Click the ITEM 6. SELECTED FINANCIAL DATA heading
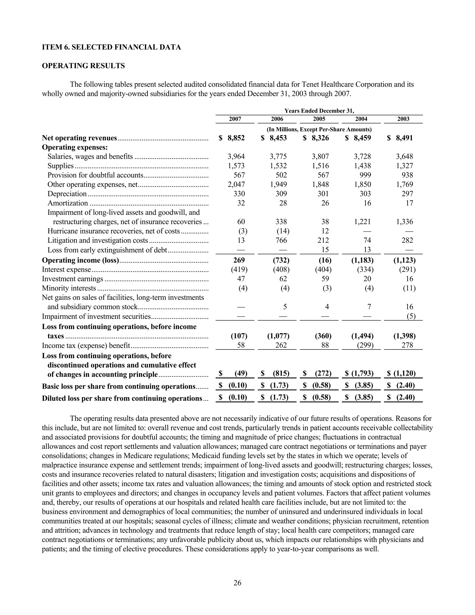tap(111, 47)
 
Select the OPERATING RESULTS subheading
tap(83, 66)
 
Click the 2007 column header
tap(235, 119)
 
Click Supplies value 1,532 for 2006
tap(278, 166)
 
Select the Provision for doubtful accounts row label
tap(95, 175)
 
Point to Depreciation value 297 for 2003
tap(407, 194)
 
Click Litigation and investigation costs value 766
tap(281, 240)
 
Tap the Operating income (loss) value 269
tap(239, 260)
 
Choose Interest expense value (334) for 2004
tap(365, 269)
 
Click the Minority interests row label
tap(69, 288)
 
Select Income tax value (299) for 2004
tap(365, 345)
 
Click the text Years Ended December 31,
tap(319, 111)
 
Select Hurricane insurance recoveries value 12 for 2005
tap(325, 231)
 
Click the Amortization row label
tap(67, 203)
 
